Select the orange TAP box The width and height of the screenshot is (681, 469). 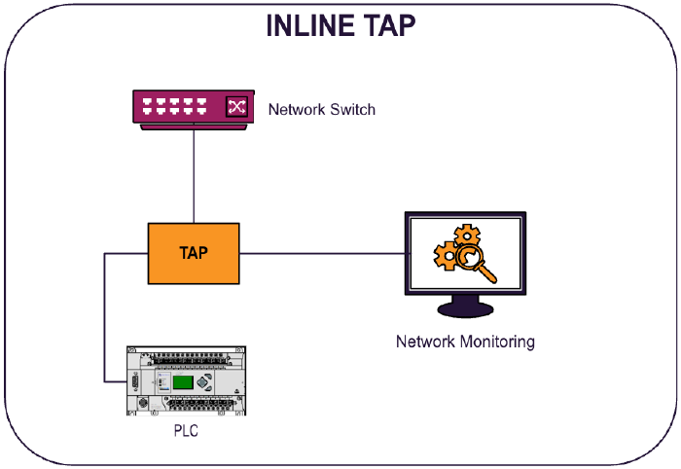coord(194,253)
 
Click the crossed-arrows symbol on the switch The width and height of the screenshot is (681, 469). coord(236,107)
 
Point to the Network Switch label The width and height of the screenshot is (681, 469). coord(321,109)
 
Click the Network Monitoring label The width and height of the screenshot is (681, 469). coord(464,342)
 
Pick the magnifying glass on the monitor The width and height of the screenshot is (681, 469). coord(476,264)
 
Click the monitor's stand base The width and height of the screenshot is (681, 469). coord(464,311)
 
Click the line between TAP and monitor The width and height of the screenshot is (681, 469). coord(321,254)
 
